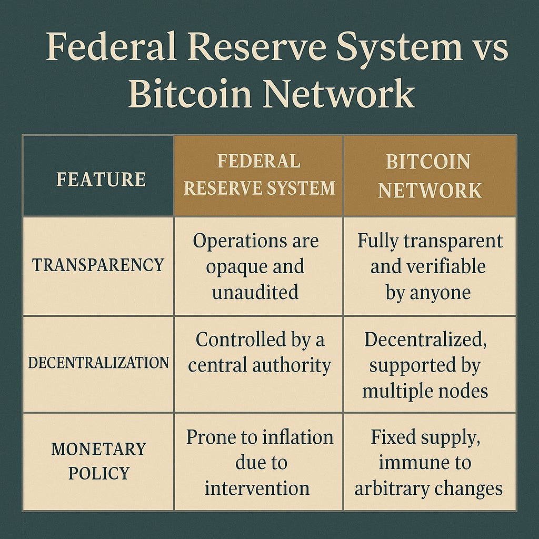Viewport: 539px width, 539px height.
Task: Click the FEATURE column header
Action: [101, 179]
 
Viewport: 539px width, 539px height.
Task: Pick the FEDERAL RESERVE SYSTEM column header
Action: [259, 175]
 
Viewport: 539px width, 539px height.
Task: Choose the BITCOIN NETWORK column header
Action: [430, 176]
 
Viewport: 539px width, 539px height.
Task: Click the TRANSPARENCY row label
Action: [98, 265]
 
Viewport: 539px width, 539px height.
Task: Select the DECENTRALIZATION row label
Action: [98, 363]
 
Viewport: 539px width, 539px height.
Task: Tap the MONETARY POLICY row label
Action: [98, 461]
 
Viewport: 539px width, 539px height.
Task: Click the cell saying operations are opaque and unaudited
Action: [256, 266]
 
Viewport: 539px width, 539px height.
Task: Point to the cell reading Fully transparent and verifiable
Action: [430, 266]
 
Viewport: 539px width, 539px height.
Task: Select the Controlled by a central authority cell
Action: [259, 352]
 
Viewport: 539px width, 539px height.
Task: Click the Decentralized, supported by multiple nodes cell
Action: [425, 364]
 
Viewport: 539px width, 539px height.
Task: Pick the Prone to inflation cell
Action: [259, 462]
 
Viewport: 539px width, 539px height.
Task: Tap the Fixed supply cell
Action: [428, 462]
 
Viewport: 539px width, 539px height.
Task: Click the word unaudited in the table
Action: [256, 292]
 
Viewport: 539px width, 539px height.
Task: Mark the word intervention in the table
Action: [257, 488]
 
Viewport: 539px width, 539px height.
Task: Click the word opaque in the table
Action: [236, 266]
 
